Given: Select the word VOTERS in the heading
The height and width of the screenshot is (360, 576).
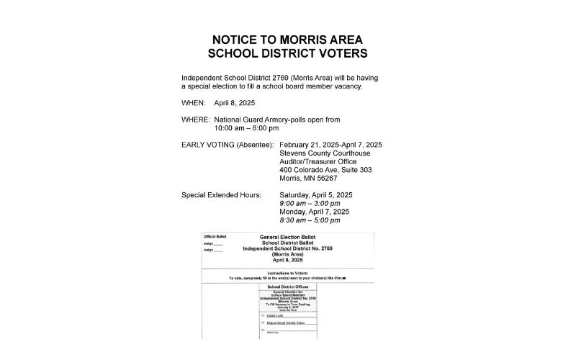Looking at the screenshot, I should tap(337, 54).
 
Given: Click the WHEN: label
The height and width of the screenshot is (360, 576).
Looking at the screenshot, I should tap(194, 103).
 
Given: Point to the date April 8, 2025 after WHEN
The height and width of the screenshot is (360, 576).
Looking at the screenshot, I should tap(235, 103).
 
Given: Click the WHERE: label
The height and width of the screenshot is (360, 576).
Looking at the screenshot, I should tap(196, 119).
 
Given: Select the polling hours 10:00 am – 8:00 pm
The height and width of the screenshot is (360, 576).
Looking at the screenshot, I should tap(246, 128).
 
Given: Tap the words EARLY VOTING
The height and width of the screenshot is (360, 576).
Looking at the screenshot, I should tap(210, 145).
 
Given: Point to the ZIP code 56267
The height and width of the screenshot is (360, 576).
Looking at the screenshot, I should tap(325, 179).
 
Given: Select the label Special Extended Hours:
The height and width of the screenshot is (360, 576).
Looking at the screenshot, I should tap(221, 195).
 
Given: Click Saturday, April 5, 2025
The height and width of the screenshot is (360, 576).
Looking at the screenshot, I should tap(316, 195).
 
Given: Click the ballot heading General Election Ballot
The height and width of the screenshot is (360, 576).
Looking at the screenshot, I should tap(287, 236).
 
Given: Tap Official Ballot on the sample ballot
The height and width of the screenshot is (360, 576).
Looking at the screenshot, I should tap(215, 236).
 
